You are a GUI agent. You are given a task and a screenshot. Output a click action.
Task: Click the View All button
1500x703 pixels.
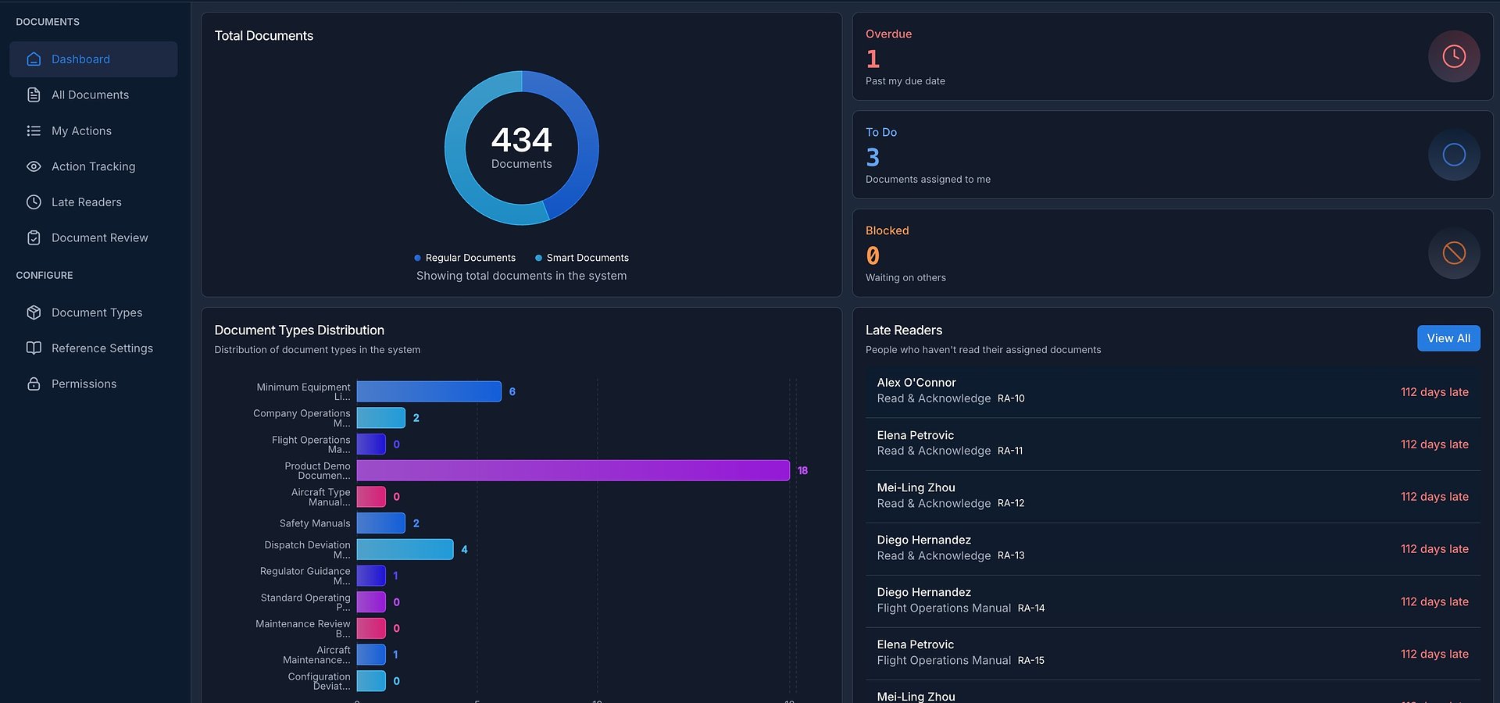coord(1448,338)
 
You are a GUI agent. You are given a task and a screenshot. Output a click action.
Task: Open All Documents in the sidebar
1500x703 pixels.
coord(90,95)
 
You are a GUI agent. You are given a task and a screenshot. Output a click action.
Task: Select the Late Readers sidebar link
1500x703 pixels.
coord(86,202)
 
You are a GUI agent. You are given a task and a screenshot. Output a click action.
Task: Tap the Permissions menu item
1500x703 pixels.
coord(84,384)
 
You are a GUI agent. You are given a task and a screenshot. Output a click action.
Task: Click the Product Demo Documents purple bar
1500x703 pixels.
coord(573,470)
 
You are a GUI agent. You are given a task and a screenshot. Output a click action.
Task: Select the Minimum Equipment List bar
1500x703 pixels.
coord(428,391)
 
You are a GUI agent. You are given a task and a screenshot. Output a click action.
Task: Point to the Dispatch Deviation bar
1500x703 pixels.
coord(405,549)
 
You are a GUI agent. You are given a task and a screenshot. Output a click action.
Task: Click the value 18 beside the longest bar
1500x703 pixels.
coord(802,470)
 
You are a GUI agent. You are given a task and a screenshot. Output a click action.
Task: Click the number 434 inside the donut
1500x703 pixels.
coord(521,141)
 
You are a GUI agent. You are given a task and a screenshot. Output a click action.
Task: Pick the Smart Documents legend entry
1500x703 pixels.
coord(587,258)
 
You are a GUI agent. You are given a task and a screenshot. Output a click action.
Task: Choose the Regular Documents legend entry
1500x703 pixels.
coord(470,258)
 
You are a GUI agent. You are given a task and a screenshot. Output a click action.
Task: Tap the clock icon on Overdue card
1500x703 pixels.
coord(1453,56)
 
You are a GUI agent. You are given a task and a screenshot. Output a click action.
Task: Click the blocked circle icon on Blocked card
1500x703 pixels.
coord(1453,253)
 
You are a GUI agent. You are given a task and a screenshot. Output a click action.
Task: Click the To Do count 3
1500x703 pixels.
coord(873,158)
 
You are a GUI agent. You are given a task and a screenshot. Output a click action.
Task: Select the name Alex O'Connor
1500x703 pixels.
coord(916,383)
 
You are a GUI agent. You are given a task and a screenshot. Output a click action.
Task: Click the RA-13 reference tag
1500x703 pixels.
coord(1011,555)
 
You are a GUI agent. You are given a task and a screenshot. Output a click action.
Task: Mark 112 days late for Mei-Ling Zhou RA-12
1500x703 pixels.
coord(1434,497)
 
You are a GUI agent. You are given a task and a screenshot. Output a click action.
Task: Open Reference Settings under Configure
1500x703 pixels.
coord(102,348)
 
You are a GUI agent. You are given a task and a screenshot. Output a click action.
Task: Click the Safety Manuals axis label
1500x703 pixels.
coord(314,523)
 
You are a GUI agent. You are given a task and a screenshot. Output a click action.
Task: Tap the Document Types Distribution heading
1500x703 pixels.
coord(299,330)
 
